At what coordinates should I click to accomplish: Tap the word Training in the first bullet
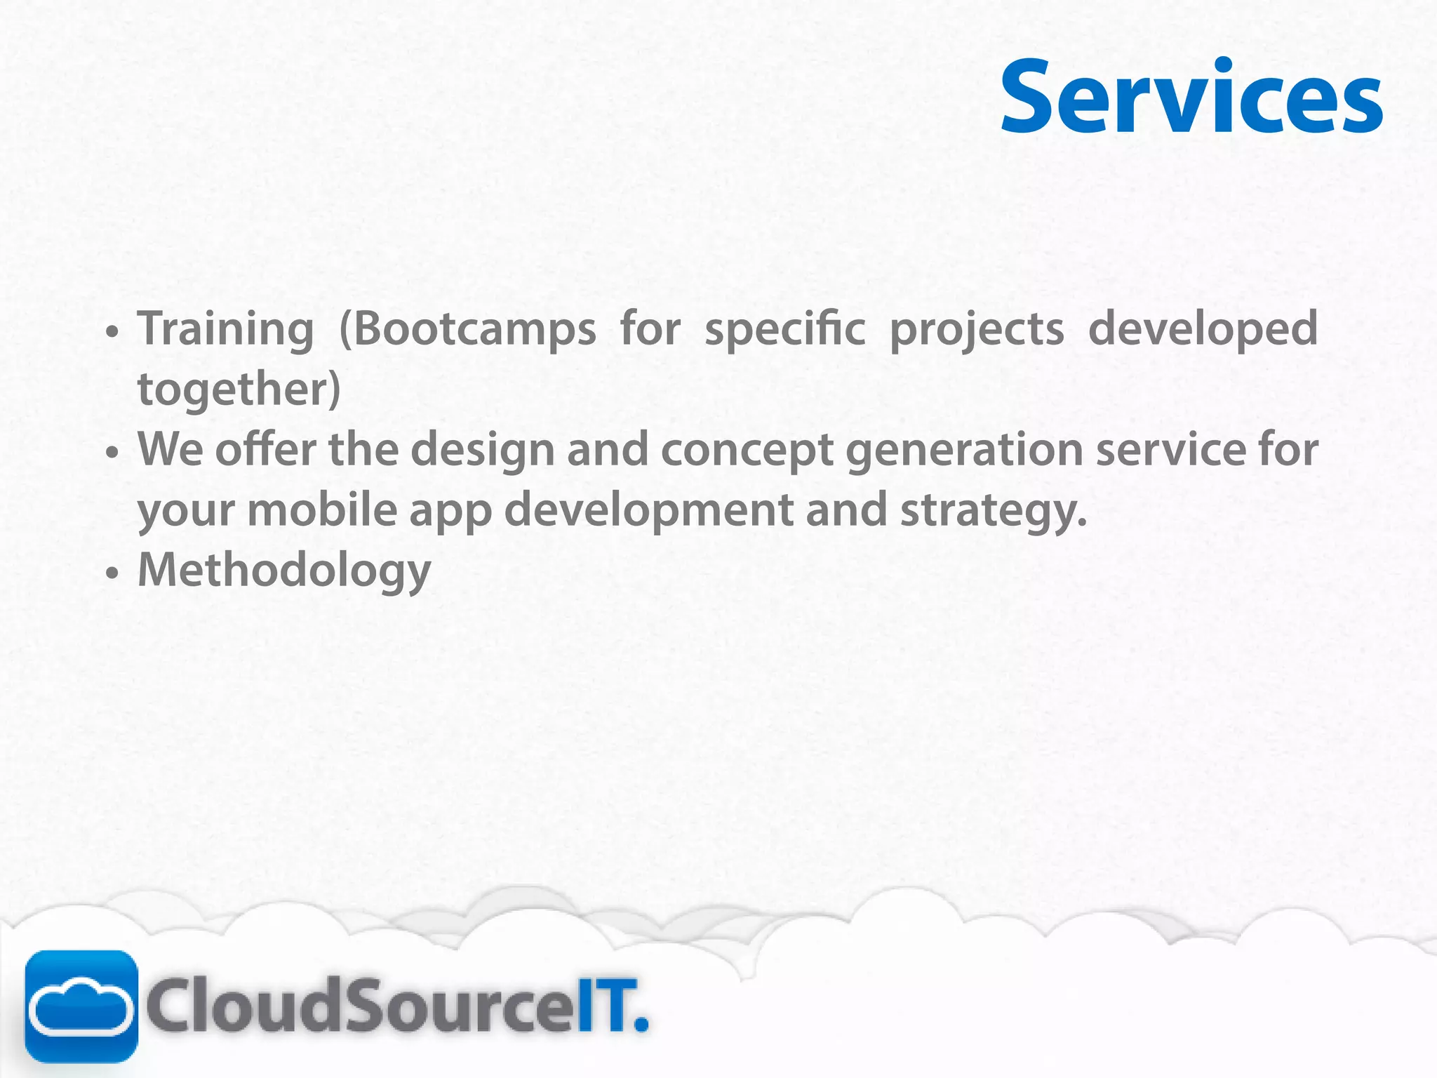click(x=225, y=329)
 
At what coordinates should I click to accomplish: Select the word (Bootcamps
click(x=467, y=329)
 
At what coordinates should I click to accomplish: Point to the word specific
click(x=784, y=329)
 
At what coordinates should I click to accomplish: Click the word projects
click(x=977, y=329)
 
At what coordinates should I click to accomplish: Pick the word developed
click(x=1203, y=329)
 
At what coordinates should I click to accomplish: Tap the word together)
click(x=239, y=390)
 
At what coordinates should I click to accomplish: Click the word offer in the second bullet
click(x=265, y=450)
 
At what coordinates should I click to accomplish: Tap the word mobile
click(x=322, y=510)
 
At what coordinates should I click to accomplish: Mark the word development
click(x=648, y=510)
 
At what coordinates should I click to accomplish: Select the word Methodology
click(x=284, y=571)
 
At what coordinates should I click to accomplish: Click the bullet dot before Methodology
click(x=112, y=573)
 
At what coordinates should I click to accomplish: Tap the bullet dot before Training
click(x=112, y=332)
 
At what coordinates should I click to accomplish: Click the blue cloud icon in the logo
click(x=81, y=1006)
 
